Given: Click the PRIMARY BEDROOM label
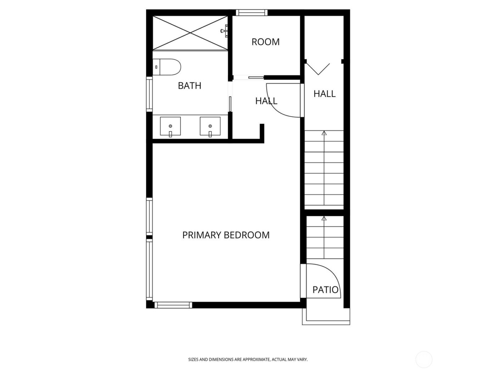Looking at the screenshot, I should tap(226, 235).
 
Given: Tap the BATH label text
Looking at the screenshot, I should tap(190, 86).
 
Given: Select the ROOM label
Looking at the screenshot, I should tap(265, 42).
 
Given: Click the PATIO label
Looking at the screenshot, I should tap(325, 290).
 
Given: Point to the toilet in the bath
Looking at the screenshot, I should tap(168, 67).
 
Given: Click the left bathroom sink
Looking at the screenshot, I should tap(170, 126).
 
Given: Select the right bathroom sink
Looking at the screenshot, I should tap(210, 126).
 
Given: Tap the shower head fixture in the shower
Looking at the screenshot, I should tap(224, 31).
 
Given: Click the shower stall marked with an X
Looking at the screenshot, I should tap(191, 33).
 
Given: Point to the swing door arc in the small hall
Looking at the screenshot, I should tap(283, 103).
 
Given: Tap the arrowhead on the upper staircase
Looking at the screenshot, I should tap(324, 133).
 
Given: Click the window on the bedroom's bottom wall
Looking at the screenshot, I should tap(173, 305).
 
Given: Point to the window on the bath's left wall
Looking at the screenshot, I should tap(149, 94).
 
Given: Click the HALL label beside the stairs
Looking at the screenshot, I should tap(324, 94).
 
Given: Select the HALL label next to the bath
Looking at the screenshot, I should tap(266, 101).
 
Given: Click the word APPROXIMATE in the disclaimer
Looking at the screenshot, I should tap(254, 360).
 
